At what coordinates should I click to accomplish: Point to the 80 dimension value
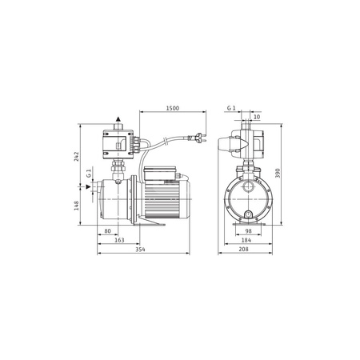point(107,233)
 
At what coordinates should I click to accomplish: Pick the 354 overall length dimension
point(140,250)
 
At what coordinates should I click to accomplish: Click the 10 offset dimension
point(256,117)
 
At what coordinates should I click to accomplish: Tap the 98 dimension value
point(250,233)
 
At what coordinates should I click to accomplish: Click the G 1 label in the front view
point(231,107)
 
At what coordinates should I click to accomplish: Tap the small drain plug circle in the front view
point(250,214)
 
